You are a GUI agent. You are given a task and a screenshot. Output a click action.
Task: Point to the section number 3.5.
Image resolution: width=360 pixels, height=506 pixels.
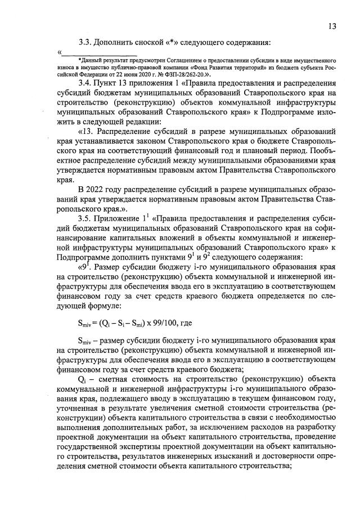[87, 218]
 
